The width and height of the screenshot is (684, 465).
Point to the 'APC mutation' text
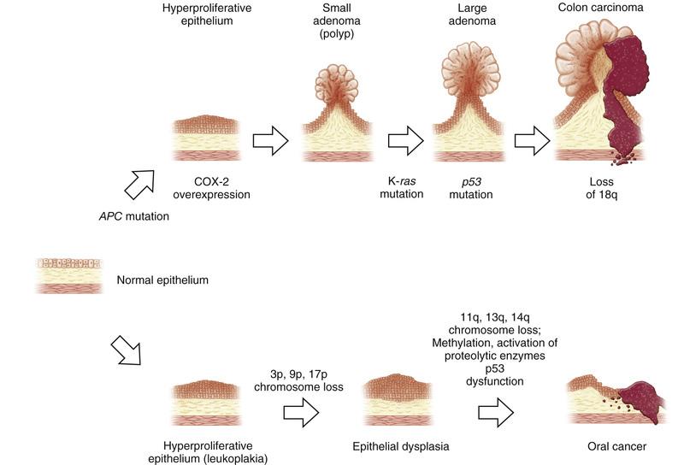pyautogui.click(x=134, y=216)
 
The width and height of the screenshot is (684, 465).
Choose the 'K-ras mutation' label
pyautogui.click(x=401, y=187)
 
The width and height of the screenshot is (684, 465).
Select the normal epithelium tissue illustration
pyautogui.click(x=68, y=274)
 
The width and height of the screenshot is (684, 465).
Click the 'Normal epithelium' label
pyautogui.click(x=162, y=280)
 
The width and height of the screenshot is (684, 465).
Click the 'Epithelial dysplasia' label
pyautogui.click(x=400, y=446)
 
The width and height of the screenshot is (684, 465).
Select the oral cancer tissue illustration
pyautogui.click(x=616, y=403)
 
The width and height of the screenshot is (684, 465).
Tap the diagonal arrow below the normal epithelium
pyautogui.click(x=128, y=349)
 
